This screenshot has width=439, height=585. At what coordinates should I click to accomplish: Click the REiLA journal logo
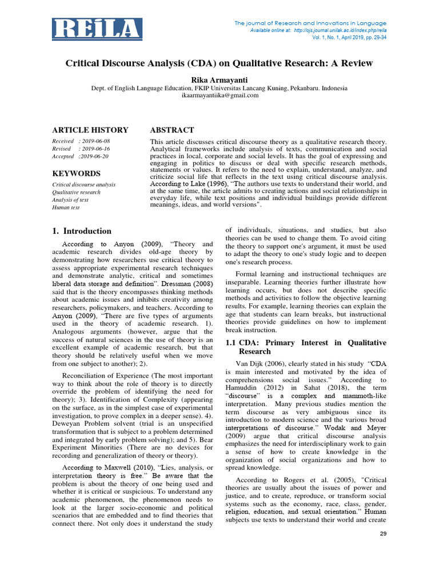(x=97, y=29)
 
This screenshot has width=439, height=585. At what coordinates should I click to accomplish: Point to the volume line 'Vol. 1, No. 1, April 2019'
(x=356, y=37)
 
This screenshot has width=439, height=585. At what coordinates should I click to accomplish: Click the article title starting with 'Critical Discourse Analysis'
(x=219, y=63)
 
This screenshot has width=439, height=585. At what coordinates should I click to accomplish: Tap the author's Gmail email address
(x=219, y=95)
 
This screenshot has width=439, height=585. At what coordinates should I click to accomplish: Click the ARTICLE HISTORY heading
(x=90, y=130)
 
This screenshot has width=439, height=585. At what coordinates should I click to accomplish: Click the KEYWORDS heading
(x=77, y=174)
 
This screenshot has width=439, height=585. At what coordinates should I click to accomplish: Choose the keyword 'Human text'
(x=66, y=207)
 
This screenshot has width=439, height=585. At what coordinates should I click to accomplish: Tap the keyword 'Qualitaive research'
(x=76, y=193)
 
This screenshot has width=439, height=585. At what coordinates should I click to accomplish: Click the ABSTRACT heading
(x=171, y=130)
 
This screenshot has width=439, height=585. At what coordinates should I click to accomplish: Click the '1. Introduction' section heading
(x=82, y=231)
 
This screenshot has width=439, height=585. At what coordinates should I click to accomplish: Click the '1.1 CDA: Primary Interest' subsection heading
(x=306, y=347)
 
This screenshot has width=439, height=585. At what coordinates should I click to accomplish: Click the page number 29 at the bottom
(x=383, y=533)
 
